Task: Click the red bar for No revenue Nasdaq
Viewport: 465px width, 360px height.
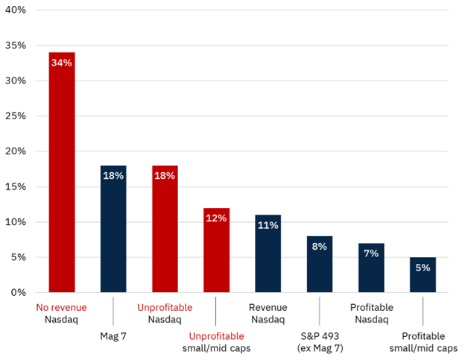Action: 62,179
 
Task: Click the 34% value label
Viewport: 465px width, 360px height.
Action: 62,63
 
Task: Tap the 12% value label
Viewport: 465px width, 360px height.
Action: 216,218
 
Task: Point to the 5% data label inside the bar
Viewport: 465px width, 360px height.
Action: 423,268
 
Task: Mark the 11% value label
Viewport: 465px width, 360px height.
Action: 268,225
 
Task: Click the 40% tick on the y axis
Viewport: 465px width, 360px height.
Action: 15,10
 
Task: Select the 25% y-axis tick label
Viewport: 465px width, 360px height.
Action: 15,116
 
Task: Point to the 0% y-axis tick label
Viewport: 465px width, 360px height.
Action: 18,292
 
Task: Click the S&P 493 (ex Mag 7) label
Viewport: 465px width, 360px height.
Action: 320,342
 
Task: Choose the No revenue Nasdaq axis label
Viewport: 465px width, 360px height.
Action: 62,314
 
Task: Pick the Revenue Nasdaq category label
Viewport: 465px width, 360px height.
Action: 268,314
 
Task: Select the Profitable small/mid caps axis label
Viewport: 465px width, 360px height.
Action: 423,342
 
